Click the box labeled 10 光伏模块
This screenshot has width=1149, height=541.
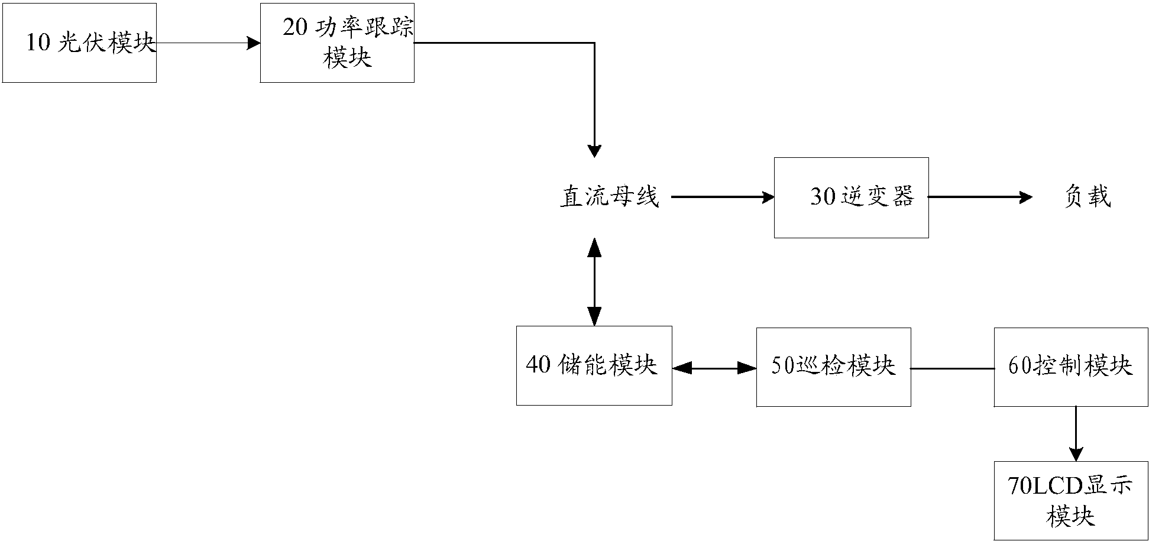click(79, 43)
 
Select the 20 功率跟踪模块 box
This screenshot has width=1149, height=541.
click(337, 43)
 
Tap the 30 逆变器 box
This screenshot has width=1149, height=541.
click(851, 197)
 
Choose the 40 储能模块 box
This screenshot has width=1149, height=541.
click(594, 365)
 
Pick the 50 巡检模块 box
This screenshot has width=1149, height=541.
click(833, 367)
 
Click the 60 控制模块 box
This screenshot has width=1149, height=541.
click(1071, 367)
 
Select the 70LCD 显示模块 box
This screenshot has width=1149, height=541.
click(1071, 500)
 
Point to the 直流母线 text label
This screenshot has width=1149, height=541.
click(610, 197)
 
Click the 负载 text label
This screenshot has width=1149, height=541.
click(1087, 197)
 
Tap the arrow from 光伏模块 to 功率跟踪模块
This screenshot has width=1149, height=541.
click(207, 43)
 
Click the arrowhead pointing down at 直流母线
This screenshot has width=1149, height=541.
click(594, 150)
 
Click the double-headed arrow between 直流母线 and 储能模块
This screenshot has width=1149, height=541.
click(594, 282)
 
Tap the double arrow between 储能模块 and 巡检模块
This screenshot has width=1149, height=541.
click(714, 368)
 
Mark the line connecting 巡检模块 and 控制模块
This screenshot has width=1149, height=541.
click(952, 368)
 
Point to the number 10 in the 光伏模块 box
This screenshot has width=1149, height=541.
click(38, 43)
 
